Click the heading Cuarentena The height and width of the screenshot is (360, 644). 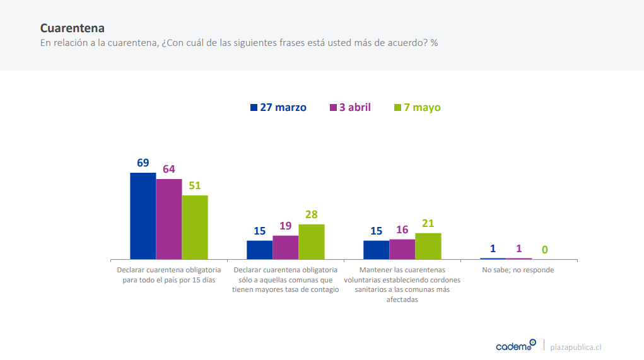coord(73,28)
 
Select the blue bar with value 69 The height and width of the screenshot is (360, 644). coord(143,216)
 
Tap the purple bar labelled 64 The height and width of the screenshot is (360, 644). coord(168,219)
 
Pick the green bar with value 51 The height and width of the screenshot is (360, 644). coord(194,227)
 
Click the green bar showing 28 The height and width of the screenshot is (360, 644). coord(311,241)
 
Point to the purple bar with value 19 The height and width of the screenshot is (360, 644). coord(285,247)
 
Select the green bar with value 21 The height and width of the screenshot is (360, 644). coord(428,246)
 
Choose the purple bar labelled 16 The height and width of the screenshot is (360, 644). coord(402,249)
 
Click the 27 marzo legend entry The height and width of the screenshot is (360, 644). coord(279,107)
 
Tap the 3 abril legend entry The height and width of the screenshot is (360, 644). coord(351,107)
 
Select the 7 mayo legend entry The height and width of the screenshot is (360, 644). coord(418,107)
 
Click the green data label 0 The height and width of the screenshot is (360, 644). coord(545,250)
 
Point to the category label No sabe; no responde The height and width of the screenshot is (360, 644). coord(518,270)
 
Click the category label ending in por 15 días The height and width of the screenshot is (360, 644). coord(168,275)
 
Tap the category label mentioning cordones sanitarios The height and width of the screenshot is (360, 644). coord(402,284)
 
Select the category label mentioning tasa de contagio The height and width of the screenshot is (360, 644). coord(285,279)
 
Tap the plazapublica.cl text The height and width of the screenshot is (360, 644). coord(576,347)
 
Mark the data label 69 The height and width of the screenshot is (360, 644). coord(143,163)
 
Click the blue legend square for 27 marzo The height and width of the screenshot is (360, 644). coord(254,107)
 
